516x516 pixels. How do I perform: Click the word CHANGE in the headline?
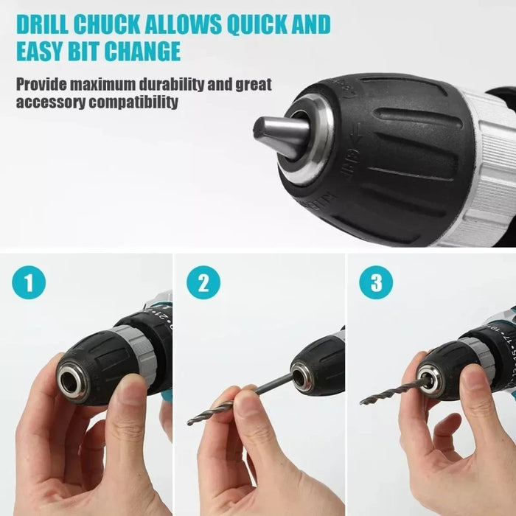(142, 51)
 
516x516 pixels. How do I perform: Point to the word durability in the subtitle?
(172, 84)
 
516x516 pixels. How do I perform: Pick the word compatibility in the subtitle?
(133, 102)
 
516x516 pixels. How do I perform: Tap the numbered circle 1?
(29, 282)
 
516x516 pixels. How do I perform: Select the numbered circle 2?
(203, 282)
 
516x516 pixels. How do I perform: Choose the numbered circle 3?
(376, 282)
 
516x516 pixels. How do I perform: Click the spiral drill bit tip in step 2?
(190, 422)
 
